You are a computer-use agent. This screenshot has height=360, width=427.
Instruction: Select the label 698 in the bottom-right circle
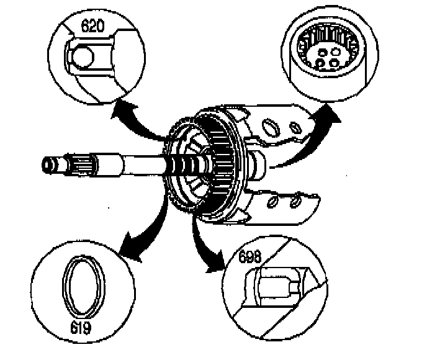pyautogui.click(x=250, y=256)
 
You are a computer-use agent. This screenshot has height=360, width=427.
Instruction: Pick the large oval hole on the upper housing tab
pyautogui.click(x=269, y=127)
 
